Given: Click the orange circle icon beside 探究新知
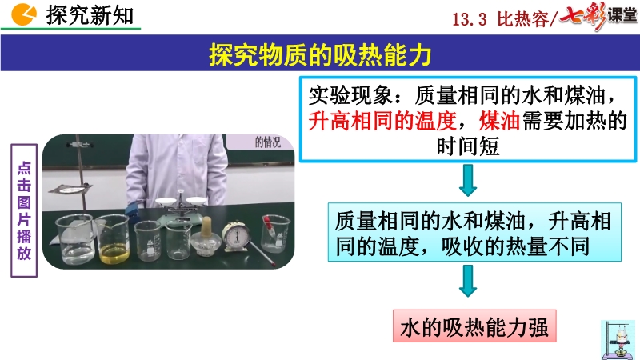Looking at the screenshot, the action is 23,14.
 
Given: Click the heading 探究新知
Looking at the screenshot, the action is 90,15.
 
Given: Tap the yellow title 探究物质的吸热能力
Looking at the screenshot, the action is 320,54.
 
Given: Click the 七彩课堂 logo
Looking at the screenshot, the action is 598,16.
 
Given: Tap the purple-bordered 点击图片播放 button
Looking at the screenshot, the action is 24,210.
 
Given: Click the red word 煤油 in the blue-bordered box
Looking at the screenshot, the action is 499,121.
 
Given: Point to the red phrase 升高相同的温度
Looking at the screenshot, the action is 382,121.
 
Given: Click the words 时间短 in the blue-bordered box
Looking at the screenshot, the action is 468,146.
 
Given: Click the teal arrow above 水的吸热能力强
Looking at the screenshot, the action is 468,281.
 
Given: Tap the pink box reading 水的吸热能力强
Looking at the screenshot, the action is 474,326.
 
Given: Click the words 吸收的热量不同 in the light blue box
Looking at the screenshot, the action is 515,246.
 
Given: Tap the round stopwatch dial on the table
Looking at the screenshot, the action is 236,236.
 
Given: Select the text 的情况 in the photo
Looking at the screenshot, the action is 268,142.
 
